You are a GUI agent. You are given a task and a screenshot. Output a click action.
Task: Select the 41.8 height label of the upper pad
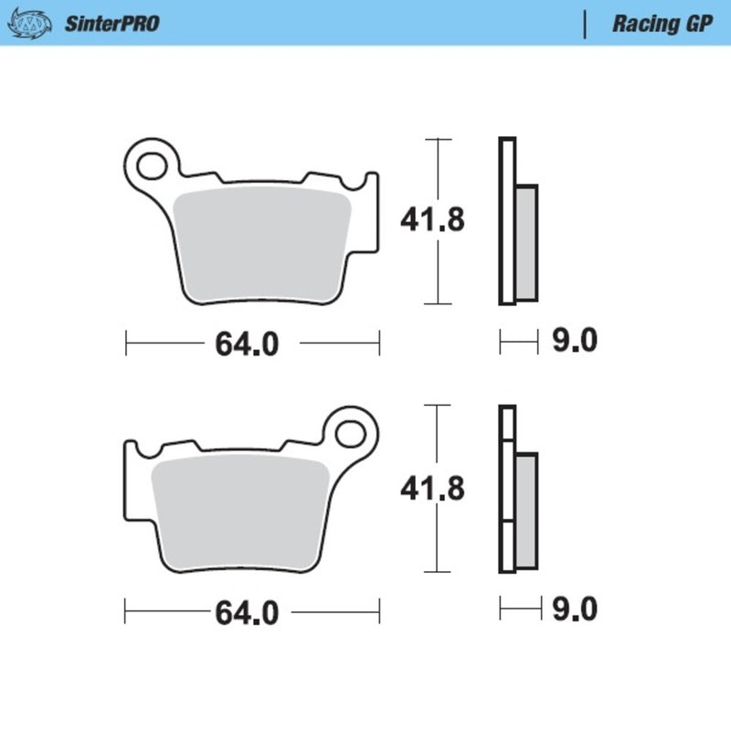[433, 220]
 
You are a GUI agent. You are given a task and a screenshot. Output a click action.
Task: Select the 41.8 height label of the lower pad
[433, 489]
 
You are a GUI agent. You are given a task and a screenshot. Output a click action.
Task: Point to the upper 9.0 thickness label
[576, 342]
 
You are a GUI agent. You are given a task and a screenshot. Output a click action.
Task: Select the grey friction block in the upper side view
[527, 241]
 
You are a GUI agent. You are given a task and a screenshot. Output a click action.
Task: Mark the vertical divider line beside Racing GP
[584, 24]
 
